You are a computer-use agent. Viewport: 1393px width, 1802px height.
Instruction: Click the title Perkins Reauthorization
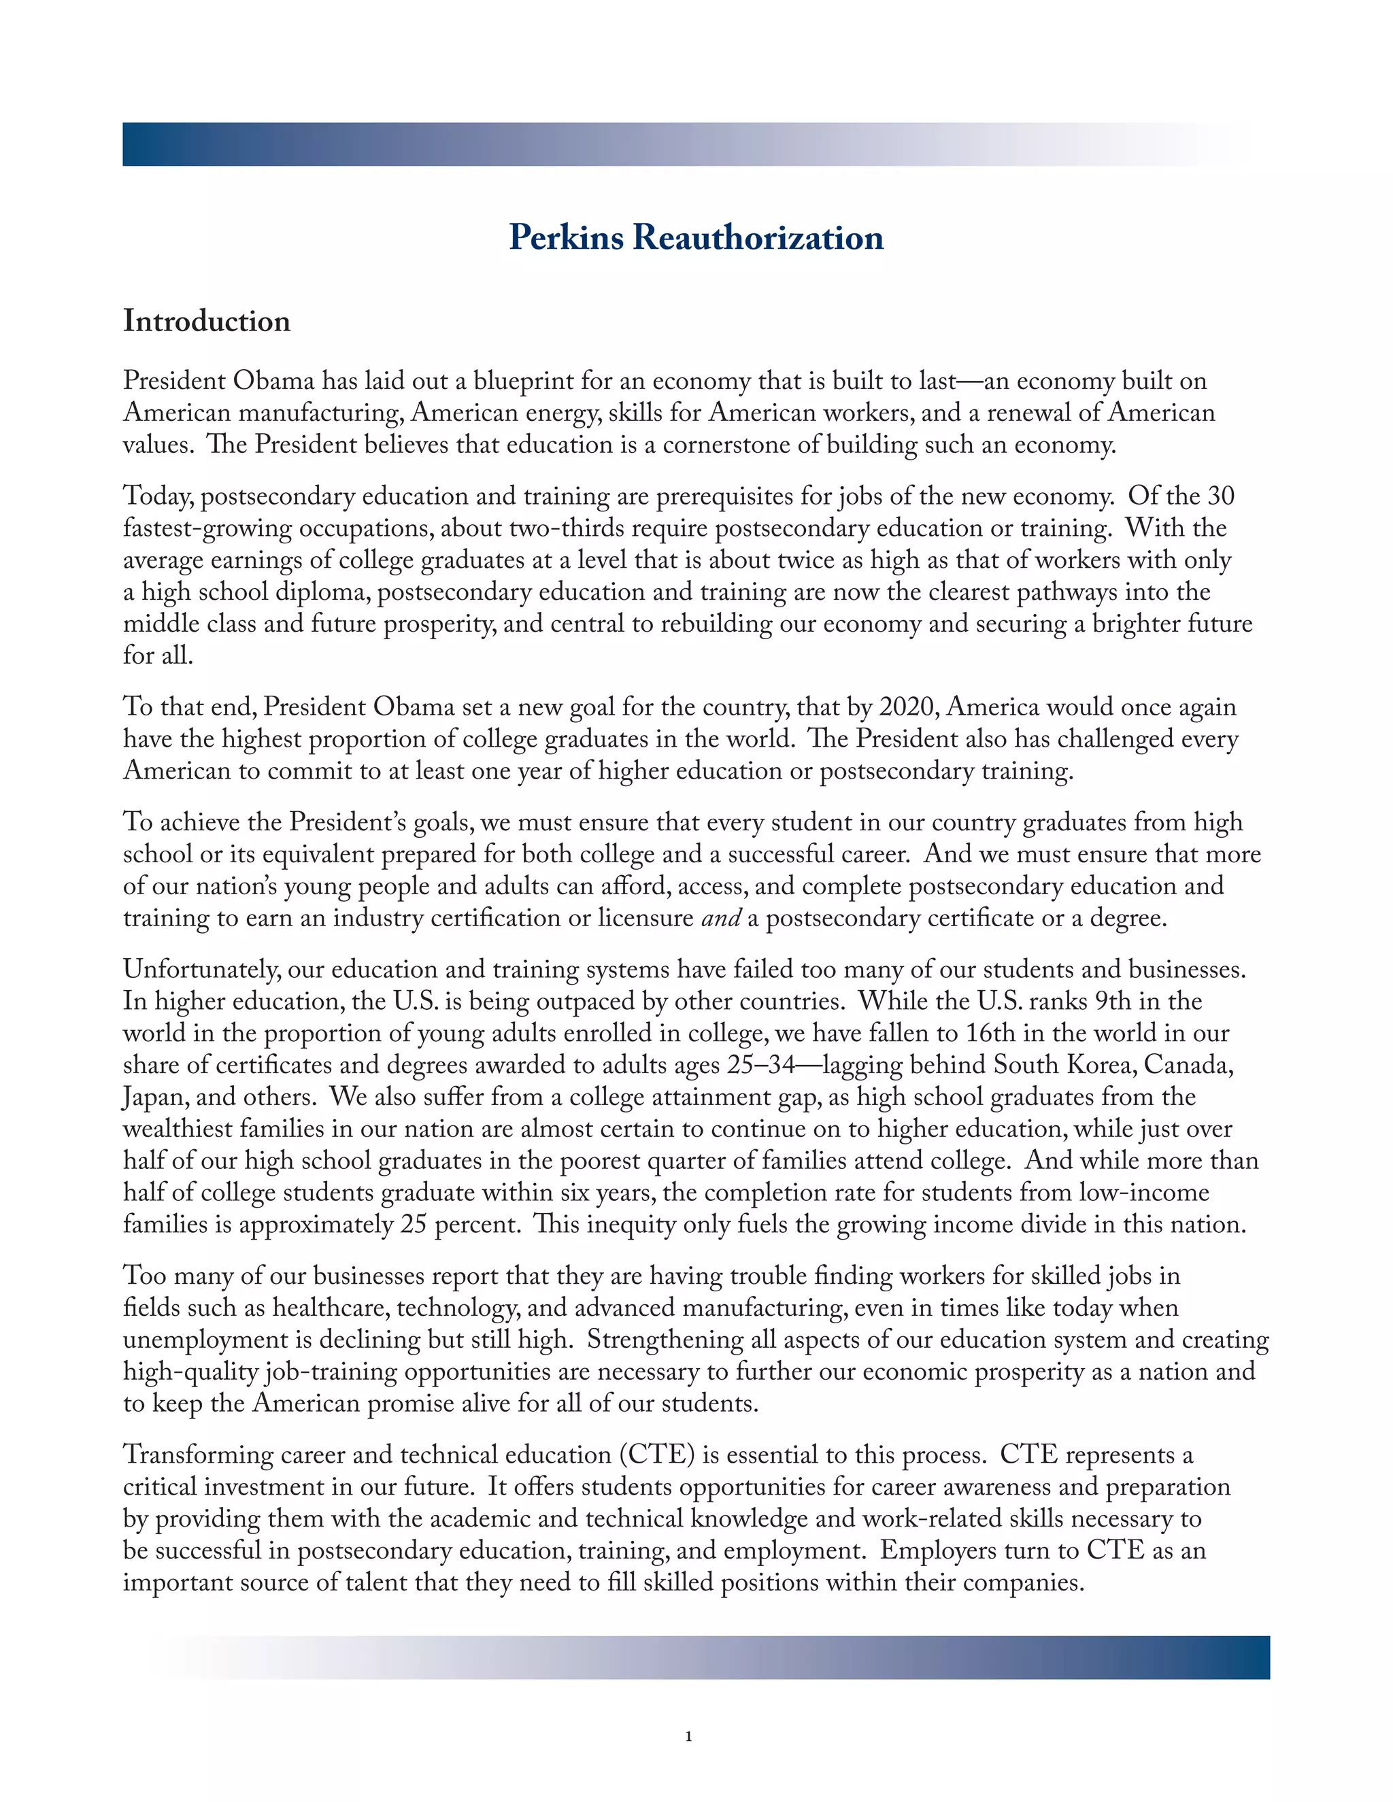click(696, 237)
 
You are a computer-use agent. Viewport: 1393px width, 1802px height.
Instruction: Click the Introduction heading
click(206, 321)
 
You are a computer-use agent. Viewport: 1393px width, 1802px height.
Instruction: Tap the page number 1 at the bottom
click(688, 1737)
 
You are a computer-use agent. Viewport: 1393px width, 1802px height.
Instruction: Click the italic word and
click(720, 918)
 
